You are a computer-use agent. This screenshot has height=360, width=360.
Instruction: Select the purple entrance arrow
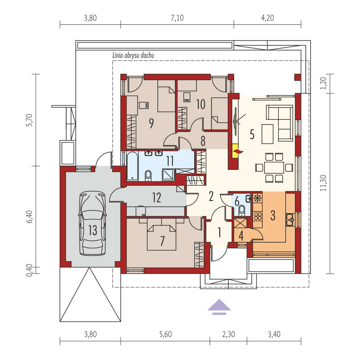(x=220, y=306)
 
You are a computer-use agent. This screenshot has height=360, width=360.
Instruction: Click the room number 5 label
(x=252, y=134)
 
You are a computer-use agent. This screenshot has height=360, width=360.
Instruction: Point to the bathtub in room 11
(x=132, y=166)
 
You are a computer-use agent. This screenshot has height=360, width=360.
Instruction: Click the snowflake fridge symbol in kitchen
(x=257, y=198)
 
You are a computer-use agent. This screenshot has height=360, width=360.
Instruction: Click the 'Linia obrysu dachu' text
(x=133, y=56)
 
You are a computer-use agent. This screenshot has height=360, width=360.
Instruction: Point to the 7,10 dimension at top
(x=177, y=18)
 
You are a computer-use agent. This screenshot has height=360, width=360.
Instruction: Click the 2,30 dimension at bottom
(x=228, y=335)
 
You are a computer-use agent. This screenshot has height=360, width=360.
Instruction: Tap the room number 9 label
(x=151, y=123)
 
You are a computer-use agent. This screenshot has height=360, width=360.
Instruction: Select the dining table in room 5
(x=274, y=167)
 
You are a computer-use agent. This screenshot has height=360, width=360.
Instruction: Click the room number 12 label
(x=156, y=197)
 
